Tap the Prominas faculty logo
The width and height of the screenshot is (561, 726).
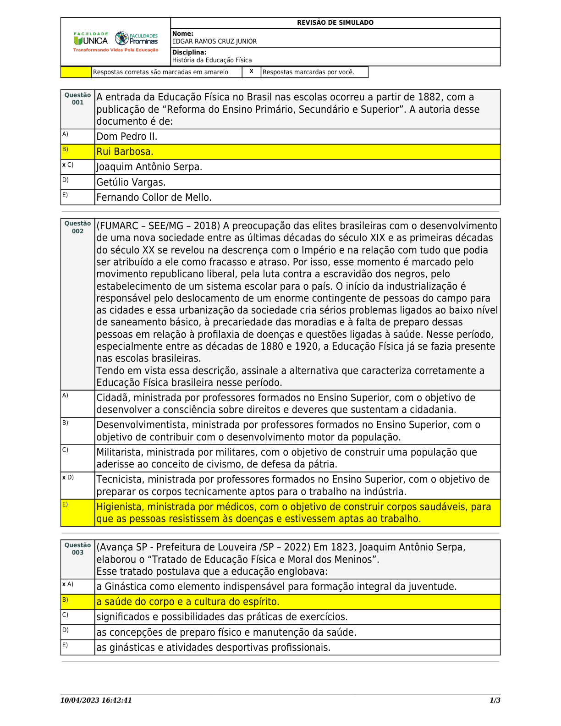click(x=136, y=38)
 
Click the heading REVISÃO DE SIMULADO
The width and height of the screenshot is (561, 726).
click(x=335, y=22)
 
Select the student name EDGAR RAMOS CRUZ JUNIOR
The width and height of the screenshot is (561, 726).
click(x=214, y=41)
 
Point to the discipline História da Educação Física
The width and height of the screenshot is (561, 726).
click(x=212, y=60)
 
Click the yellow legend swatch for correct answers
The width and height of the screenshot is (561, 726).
click(x=76, y=72)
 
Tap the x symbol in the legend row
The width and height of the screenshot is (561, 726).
click(x=251, y=71)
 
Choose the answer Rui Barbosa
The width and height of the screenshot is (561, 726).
click(x=125, y=152)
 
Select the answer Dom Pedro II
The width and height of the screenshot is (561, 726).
click(x=126, y=137)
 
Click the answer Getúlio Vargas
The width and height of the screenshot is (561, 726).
click(x=131, y=182)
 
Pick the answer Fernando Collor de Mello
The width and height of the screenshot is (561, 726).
click(x=154, y=198)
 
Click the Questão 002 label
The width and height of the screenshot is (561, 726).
click(x=77, y=227)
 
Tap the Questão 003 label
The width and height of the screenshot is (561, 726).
click(x=77, y=549)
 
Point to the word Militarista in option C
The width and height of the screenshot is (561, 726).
click(x=119, y=452)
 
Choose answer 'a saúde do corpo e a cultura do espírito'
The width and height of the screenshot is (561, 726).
click(x=188, y=602)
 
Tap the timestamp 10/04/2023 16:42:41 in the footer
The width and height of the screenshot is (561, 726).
click(x=96, y=700)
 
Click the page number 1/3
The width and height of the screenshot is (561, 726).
click(x=495, y=700)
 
